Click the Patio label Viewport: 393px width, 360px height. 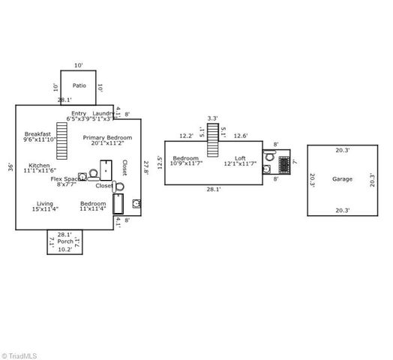pos(79,85)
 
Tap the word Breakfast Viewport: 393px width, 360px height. pos(37,134)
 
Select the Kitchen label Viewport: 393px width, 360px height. pos(39,166)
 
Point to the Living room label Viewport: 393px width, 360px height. pos(45,203)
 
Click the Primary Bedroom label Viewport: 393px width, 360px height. pos(107,138)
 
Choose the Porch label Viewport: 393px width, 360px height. pos(65,241)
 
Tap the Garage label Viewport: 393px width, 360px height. pos(342,179)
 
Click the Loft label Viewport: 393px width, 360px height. pos(240,158)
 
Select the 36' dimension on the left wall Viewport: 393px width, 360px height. pos(10,166)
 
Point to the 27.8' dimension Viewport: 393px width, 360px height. pos(146,166)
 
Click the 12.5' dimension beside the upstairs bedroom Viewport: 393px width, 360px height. pos(159,162)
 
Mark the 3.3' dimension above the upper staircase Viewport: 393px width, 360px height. pos(212,118)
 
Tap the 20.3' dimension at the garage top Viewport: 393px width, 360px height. pos(342,150)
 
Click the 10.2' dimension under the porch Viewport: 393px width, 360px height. pos(65,250)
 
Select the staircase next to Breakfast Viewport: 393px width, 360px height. pos(61,140)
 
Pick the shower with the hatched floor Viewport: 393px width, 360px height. pos(284,164)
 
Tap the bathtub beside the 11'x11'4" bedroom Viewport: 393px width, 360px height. pos(118,203)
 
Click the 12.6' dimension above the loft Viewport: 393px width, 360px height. pos(241,136)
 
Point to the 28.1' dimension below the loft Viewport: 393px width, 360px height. pos(214,189)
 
